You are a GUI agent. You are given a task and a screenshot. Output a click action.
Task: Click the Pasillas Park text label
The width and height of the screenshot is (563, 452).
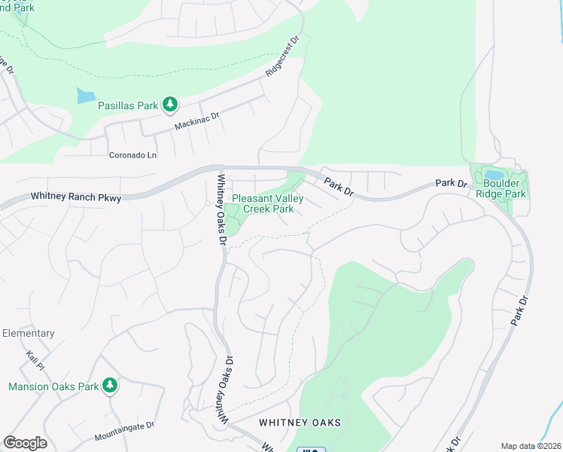coord(128,105)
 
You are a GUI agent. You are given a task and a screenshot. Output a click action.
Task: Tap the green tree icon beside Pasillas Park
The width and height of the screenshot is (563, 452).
coord(171,103)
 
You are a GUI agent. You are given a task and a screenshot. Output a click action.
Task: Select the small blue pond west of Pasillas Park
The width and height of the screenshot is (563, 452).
coord(86,96)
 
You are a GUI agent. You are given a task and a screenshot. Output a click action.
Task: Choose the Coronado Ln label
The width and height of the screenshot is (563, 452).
coord(131,155)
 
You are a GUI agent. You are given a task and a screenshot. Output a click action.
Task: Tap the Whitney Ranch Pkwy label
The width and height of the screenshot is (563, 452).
coord(76,197)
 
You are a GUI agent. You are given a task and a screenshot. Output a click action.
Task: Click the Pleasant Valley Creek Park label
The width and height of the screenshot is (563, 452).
coord(262,203)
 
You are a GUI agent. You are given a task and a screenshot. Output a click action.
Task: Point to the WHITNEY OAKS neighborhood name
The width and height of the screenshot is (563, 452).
coord(300,423)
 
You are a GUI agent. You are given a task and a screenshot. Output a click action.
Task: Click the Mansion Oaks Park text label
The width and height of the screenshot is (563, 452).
coord(53,386)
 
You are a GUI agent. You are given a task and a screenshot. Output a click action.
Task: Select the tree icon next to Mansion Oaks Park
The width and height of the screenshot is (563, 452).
coord(110,386)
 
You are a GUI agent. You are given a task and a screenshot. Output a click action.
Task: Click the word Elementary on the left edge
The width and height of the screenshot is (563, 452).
coord(28,333)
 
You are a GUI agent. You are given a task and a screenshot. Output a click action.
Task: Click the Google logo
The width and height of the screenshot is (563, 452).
coord(25,443)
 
